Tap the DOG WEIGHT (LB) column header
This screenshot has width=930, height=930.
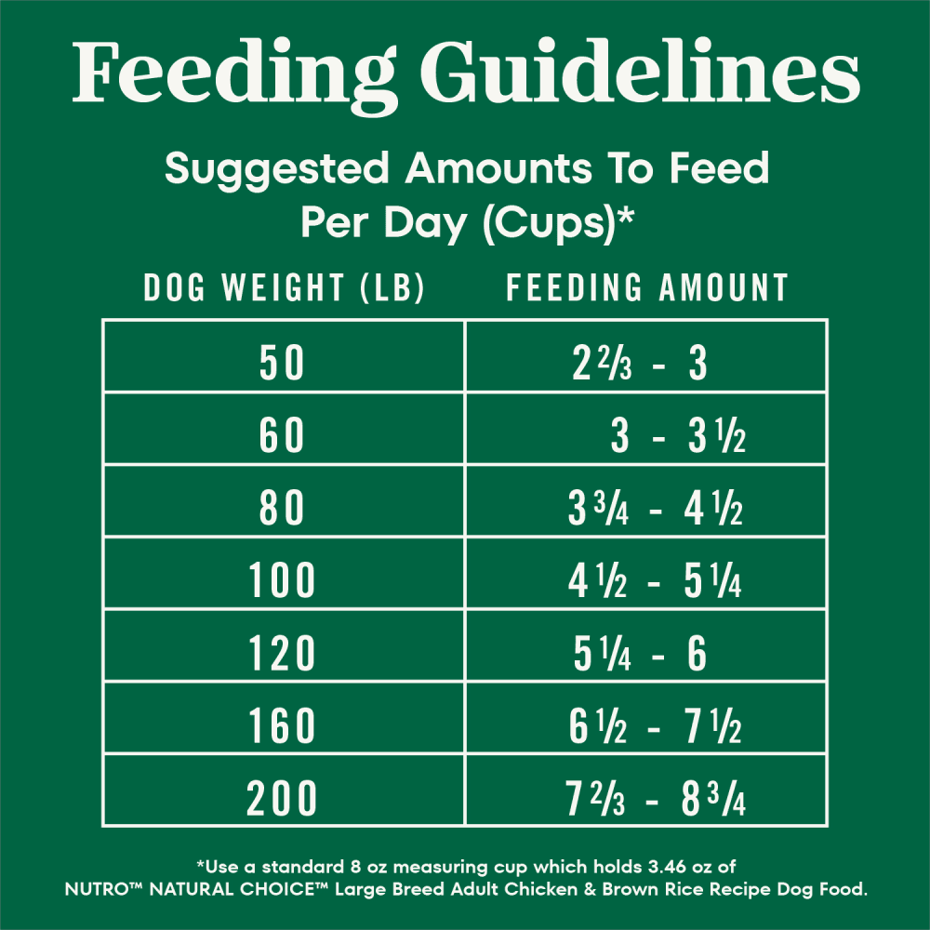click(x=284, y=288)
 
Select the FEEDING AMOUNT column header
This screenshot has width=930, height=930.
click(x=647, y=288)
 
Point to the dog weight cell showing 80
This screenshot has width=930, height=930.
click(x=283, y=510)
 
